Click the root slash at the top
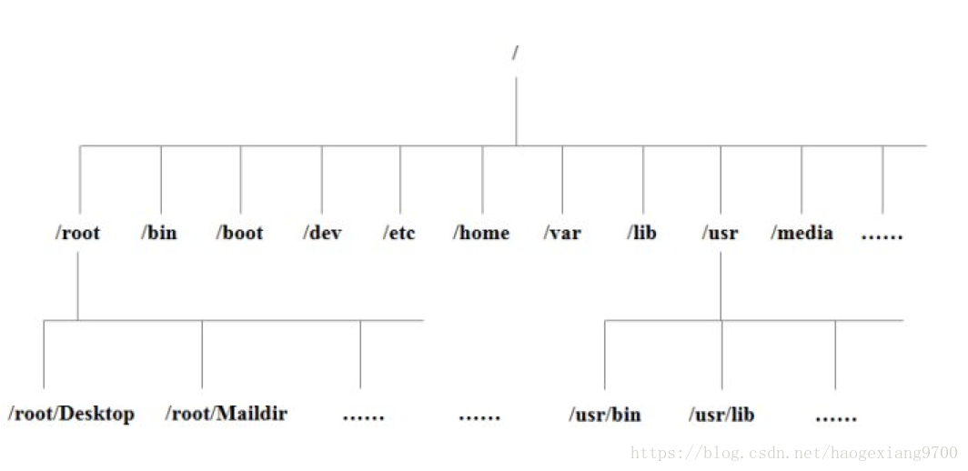(x=516, y=53)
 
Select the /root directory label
(x=77, y=233)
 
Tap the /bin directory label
(x=159, y=233)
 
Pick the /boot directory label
(x=239, y=233)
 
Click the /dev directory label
(x=322, y=233)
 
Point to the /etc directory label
(x=399, y=233)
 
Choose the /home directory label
(x=481, y=233)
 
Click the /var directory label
(x=562, y=233)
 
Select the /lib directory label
(x=641, y=233)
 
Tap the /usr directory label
(x=720, y=233)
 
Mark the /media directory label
(x=802, y=233)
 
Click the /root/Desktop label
(x=71, y=414)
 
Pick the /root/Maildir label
(x=227, y=414)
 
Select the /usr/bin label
(x=605, y=415)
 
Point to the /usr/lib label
(x=721, y=415)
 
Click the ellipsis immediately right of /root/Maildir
(x=363, y=417)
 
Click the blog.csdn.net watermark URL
(x=794, y=453)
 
